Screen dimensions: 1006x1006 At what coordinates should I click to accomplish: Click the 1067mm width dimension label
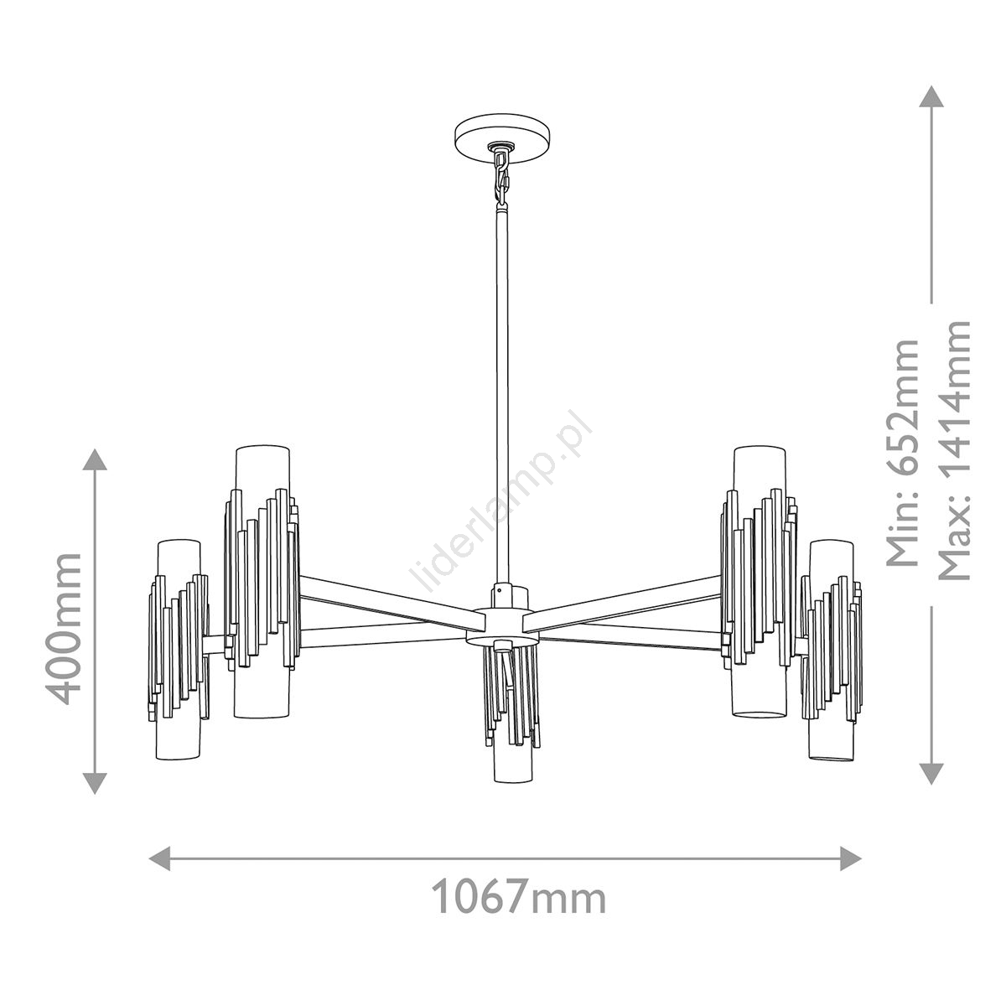[519, 895]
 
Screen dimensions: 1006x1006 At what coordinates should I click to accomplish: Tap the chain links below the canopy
[501, 179]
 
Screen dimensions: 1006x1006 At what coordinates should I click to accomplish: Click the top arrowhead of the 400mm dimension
[95, 459]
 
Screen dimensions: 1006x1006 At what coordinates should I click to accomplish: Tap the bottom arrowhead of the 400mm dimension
[95, 783]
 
